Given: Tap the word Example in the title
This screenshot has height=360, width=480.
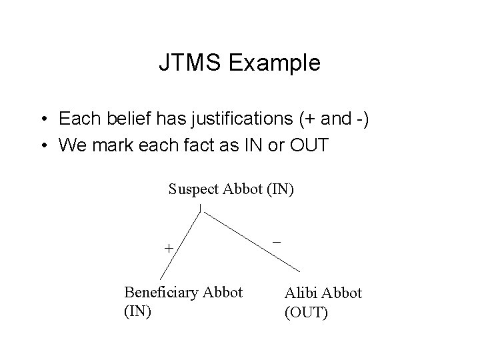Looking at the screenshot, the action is click(274, 63).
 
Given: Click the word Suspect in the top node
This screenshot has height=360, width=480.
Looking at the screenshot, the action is click(192, 189).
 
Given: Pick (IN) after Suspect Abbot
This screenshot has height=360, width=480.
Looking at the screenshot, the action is click(279, 189).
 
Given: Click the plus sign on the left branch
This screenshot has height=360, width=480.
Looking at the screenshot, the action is click(169, 248).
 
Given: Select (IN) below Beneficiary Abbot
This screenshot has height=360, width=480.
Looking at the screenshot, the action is click(138, 310).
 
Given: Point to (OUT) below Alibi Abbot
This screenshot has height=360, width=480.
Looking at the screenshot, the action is click(307, 311).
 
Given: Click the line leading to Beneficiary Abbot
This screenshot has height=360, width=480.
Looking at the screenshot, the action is click(180, 244).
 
